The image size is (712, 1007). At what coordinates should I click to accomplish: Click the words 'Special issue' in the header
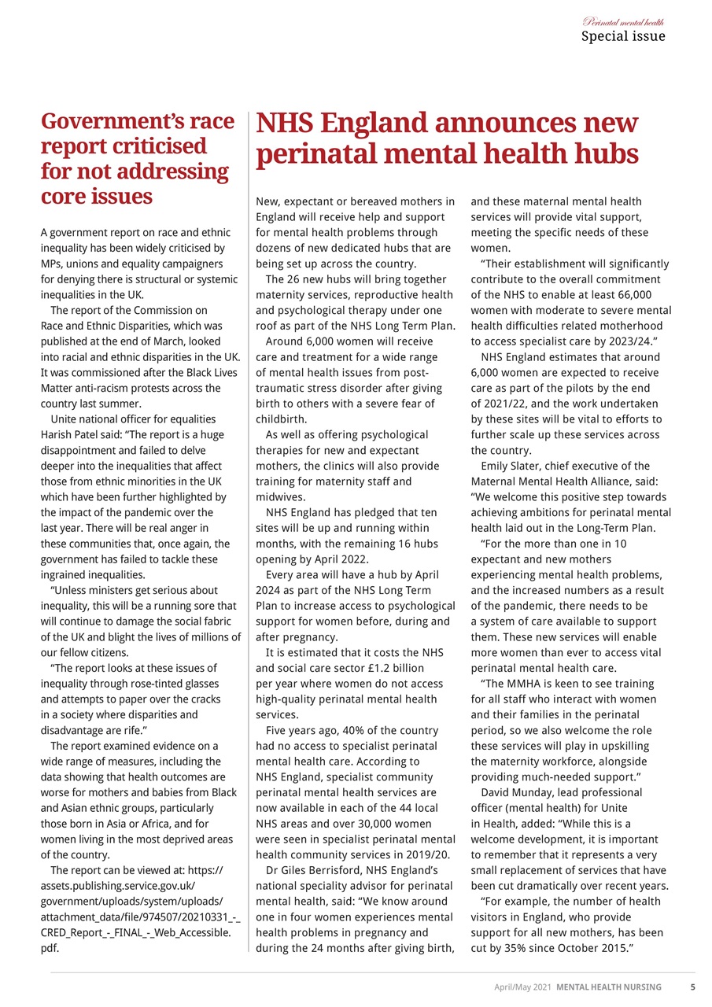[x=622, y=36]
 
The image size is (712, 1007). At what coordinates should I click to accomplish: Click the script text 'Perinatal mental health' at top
[x=623, y=21]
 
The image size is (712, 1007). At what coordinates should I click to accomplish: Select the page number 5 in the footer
[x=692, y=987]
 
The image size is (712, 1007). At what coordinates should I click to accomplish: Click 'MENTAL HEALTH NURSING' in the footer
[x=609, y=987]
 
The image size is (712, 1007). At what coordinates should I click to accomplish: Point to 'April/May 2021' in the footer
[x=522, y=987]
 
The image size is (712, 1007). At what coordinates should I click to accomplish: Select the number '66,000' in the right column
[x=633, y=295]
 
